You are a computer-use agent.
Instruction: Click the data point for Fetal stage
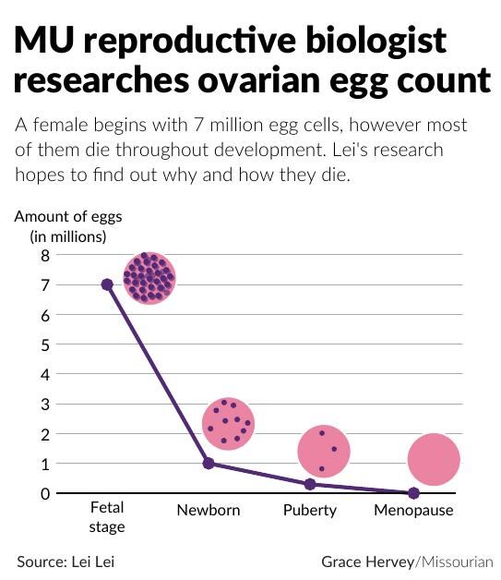pos(107,284)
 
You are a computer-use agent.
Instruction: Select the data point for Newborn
pos(209,463)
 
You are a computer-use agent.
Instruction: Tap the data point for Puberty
pos(310,484)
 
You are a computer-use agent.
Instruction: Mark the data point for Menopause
pos(413,493)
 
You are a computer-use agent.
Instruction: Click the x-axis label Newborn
pos(209,511)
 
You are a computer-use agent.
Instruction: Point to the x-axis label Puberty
pos(310,511)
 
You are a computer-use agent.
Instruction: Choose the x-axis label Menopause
pos(413,511)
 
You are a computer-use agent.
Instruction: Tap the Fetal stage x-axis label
pos(107,517)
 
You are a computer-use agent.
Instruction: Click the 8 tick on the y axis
pos(43,256)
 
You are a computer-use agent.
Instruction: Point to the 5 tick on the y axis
pos(43,344)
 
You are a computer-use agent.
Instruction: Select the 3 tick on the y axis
pos(43,405)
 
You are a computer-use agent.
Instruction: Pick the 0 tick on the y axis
pos(43,493)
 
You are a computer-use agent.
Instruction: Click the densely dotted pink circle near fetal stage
pos(149,277)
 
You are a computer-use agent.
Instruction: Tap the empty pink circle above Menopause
pos(433,460)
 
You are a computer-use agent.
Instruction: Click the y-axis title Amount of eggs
pos(67,217)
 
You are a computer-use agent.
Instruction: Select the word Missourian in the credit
pos(457,561)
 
